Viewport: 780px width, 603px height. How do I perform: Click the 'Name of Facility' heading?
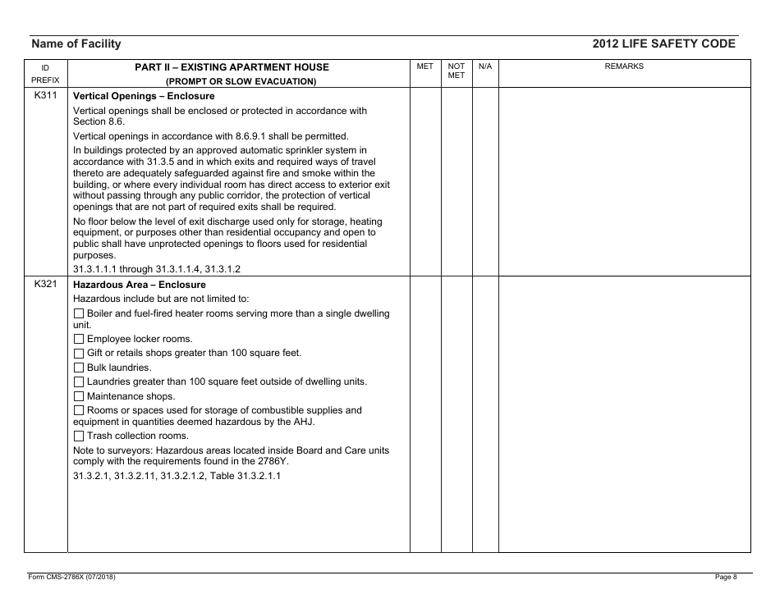point(76,44)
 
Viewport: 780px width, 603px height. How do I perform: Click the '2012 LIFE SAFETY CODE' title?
point(663,44)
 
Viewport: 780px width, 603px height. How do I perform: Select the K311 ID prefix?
point(45,96)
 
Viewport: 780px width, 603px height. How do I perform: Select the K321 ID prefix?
point(45,285)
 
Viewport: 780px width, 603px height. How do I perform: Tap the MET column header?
point(425,66)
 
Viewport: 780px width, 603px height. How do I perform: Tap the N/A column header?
point(485,66)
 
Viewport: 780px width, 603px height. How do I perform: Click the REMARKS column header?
point(624,66)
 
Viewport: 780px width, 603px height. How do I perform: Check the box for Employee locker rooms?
point(79,340)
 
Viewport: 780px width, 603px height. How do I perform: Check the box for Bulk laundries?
point(79,368)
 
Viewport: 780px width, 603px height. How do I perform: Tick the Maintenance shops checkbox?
point(79,396)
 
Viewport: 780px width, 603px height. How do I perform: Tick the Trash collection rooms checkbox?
point(79,436)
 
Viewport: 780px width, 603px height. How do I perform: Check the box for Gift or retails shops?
point(79,354)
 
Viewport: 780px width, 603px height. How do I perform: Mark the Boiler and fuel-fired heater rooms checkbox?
point(79,314)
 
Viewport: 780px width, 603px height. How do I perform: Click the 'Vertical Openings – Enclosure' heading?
point(144,97)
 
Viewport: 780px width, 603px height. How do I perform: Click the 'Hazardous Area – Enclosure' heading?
point(139,285)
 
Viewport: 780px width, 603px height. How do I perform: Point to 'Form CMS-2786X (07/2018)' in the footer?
point(71,578)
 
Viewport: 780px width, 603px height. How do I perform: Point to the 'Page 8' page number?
point(726,578)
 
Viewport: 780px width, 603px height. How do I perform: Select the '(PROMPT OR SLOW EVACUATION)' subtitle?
point(241,81)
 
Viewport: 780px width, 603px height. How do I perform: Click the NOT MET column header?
point(457,71)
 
